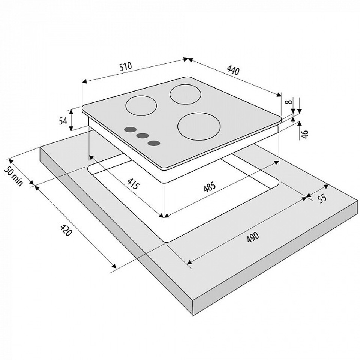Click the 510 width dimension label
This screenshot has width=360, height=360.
tap(126, 66)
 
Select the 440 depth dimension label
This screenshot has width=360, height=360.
tap(233, 70)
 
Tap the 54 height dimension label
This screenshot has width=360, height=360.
tap(63, 121)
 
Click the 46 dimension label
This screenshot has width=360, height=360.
tap(304, 134)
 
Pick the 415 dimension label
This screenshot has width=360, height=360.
tap(133, 183)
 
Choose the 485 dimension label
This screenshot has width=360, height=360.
tap(210, 187)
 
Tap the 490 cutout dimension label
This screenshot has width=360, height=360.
tap(253, 237)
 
